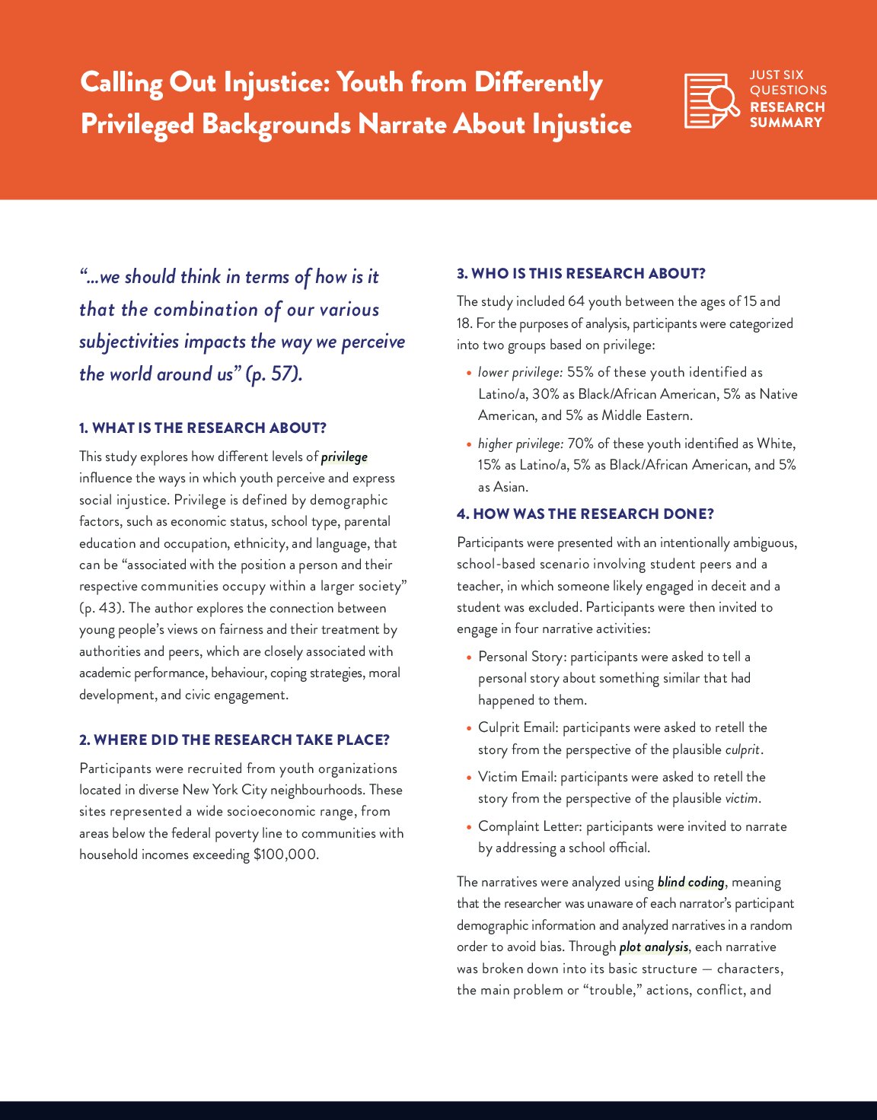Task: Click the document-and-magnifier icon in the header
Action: tap(711, 100)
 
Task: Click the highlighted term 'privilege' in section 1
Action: tap(344, 457)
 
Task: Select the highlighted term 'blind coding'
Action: tap(690, 882)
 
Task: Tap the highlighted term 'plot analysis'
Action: tap(654, 947)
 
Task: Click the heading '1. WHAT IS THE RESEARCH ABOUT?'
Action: tap(203, 428)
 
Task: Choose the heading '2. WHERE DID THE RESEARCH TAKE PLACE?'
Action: tap(234, 740)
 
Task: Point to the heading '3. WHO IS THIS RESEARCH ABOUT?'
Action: tap(581, 273)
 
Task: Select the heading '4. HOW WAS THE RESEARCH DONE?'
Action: tap(585, 514)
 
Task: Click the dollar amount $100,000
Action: tap(285, 854)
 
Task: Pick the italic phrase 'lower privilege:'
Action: tap(520, 372)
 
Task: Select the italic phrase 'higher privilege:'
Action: tap(521, 444)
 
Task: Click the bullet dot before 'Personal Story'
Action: tap(469, 657)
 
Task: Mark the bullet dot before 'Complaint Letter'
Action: tap(469, 827)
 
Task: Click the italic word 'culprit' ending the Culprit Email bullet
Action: tap(742, 749)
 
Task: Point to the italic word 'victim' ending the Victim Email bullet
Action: tap(741, 798)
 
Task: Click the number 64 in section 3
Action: tap(576, 301)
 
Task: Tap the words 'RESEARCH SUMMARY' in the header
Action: tap(786, 115)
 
